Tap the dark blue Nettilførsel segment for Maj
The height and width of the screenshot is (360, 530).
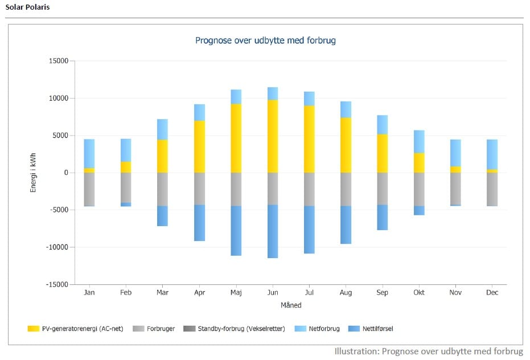[236, 231]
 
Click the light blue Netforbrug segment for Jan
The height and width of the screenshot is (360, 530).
[89, 153]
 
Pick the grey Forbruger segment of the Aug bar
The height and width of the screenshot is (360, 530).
[346, 189]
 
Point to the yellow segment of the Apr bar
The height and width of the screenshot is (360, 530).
[199, 146]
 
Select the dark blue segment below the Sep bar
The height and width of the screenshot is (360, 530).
[382, 217]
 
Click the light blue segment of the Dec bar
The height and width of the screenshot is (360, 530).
[492, 154]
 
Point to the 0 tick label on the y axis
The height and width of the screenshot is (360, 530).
[65, 173]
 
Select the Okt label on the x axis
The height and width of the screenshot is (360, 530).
[419, 293]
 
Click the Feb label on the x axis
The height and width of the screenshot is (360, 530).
[126, 293]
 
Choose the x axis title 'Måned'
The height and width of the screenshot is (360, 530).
[291, 305]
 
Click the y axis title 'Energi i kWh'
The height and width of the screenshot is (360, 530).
[34, 172]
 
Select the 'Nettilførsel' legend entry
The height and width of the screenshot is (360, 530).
[376, 329]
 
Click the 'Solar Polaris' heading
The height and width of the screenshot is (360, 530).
[27, 8]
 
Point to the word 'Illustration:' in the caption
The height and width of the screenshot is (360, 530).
[356, 351]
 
